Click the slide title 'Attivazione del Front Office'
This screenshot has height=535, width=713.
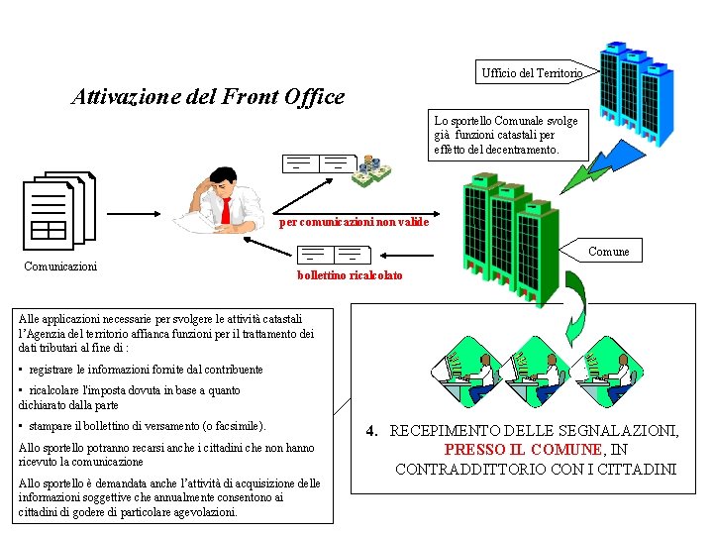[x=208, y=97]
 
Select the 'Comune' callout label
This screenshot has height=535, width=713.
[x=608, y=252]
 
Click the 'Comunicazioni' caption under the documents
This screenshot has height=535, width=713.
[x=59, y=266]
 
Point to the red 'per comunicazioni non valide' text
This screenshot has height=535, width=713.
[x=354, y=222]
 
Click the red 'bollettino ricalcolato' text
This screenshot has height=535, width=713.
[x=350, y=274]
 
